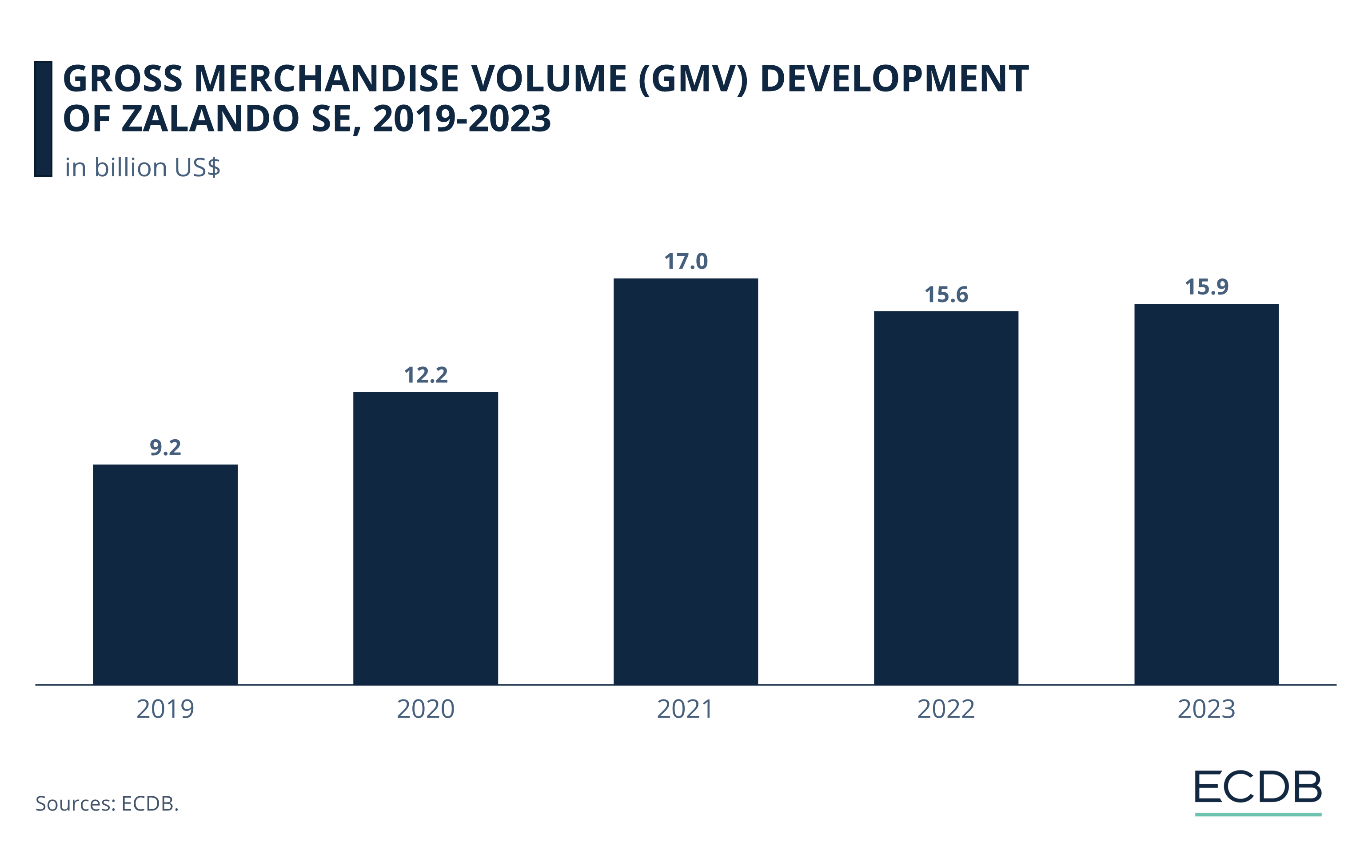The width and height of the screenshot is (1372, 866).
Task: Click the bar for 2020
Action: click(426, 538)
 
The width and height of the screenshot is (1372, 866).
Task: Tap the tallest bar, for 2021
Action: click(686, 481)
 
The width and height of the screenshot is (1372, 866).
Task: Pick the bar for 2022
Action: click(946, 498)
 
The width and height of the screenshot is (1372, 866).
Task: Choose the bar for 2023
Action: click(1206, 494)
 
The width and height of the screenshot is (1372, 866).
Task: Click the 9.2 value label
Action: click(165, 448)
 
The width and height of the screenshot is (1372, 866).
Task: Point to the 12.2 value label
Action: click(426, 375)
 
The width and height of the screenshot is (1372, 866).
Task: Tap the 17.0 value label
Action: click(686, 261)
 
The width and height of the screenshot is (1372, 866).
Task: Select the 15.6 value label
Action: click(946, 295)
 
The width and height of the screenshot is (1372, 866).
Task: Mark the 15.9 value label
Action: click(1206, 287)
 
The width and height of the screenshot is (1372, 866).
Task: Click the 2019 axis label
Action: click(165, 709)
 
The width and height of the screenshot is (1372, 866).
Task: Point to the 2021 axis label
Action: click(686, 709)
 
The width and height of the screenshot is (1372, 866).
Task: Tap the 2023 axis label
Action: click(1206, 709)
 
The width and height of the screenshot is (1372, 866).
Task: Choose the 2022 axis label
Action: click(946, 709)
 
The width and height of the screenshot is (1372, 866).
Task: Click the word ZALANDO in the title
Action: click(210, 119)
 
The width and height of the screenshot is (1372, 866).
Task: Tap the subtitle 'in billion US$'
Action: click(143, 167)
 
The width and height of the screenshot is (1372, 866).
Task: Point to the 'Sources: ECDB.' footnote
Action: click(107, 803)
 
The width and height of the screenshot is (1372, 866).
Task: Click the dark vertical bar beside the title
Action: click(43, 119)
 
